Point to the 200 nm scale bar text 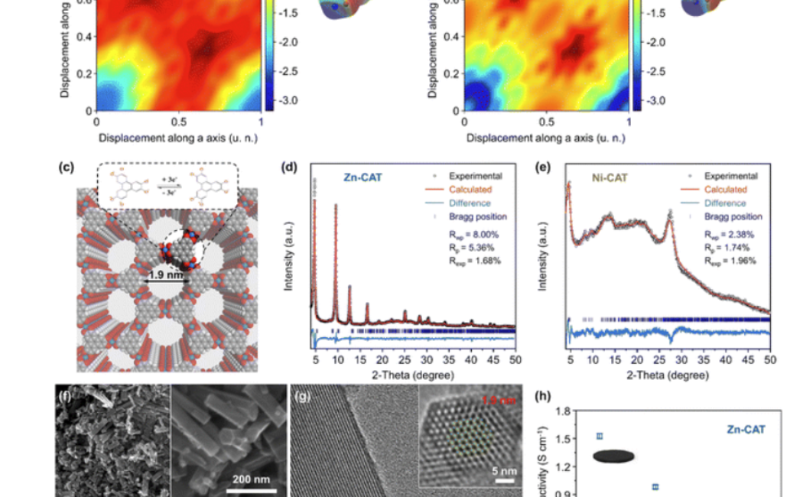(251, 479)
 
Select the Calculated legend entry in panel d (470, 190)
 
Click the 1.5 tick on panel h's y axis (565, 438)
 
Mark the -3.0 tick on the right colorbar (657, 101)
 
